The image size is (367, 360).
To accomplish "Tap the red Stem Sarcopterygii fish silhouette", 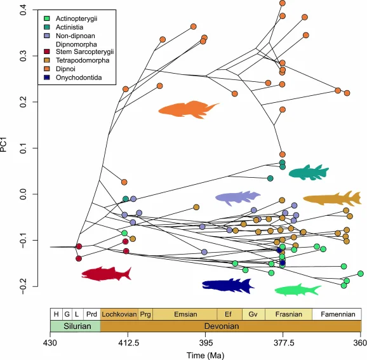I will click(x=106, y=274).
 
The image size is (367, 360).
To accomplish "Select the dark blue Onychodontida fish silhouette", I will click(x=227, y=286).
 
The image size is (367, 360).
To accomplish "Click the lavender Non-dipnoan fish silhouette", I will click(x=238, y=198).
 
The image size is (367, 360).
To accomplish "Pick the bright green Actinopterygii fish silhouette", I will click(x=297, y=290).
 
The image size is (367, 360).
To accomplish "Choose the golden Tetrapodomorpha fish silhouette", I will click(x=331, y=199).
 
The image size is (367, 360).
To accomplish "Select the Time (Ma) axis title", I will click(x=206, y=354).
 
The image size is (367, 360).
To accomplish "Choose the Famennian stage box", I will click(x=337, y=314).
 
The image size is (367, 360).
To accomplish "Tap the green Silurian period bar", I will click(x=75, y=326).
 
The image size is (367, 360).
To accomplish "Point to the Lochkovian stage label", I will click(x=119, y=314).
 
